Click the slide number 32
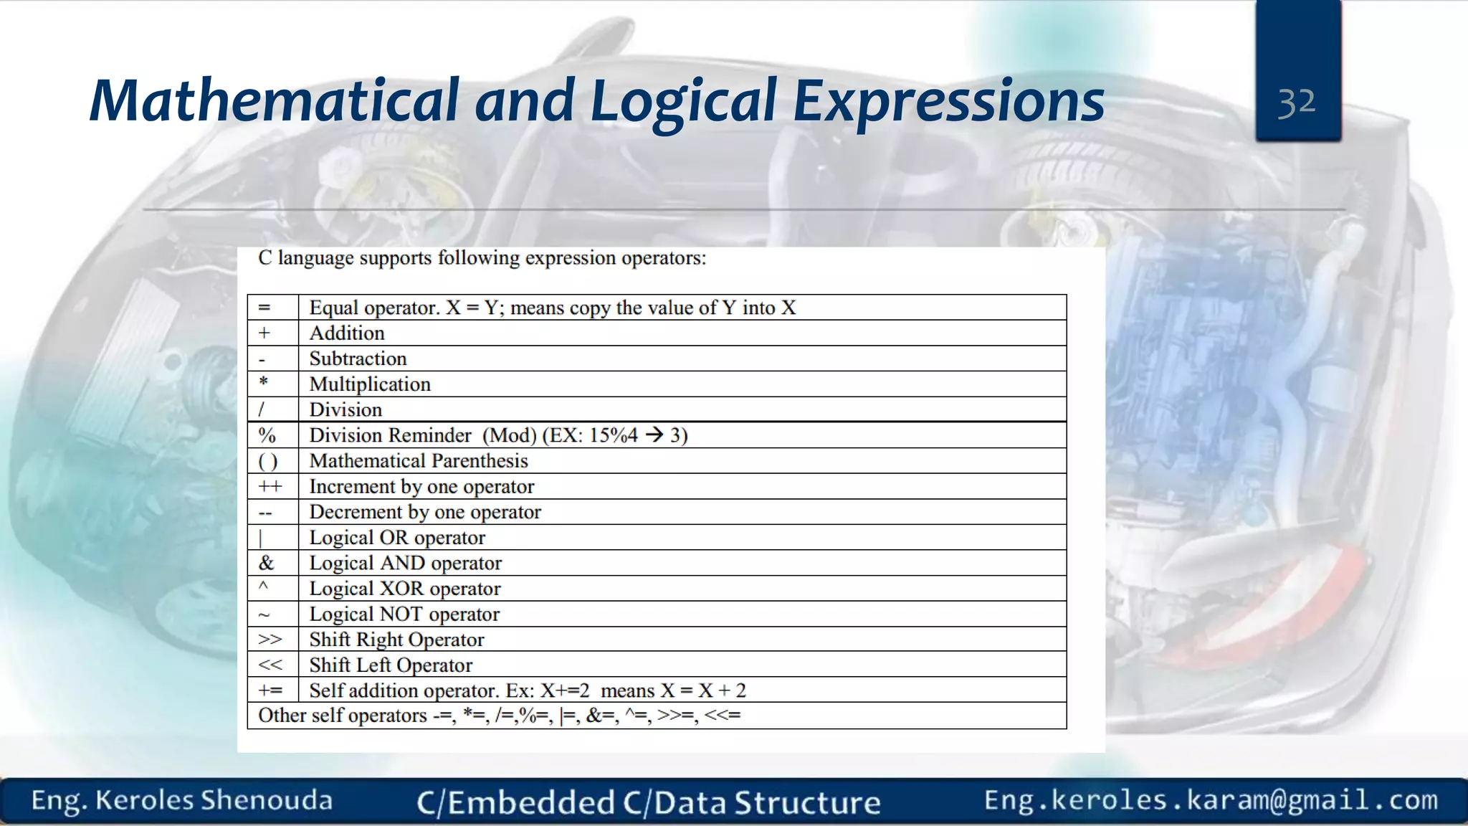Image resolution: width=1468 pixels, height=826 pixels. pos(1297,103)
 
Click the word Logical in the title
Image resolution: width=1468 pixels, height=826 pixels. pos(682,101)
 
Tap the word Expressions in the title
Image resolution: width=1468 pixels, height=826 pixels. pos(948,101)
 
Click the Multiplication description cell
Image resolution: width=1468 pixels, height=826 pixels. pos(370,384)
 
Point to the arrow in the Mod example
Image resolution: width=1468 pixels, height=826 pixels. pos(654,435)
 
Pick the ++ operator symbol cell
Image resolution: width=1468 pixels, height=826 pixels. pos(270,486)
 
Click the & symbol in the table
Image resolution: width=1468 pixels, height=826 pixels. pos(266,563)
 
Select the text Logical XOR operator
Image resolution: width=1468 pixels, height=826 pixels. pos(405,589)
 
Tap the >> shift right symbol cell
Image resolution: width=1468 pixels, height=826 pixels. pos(270,640)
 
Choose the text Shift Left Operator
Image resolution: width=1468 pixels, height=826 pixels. pos(391,665)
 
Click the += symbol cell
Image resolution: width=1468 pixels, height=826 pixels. pos(270,690)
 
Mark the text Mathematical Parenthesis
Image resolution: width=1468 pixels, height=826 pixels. pos(419,461)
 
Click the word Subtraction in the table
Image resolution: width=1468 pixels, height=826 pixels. pos(358,359)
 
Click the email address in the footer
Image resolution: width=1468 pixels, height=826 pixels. pos(1211,800)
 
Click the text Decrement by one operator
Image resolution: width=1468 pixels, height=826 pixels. pos(425,512)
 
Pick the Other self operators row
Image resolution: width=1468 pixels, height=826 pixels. pos(500,716)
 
